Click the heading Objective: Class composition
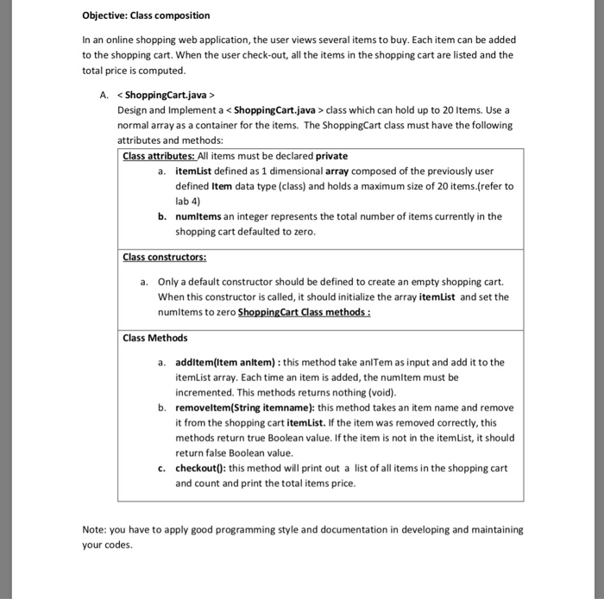(x=146, y=16)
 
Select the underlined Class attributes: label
(x=160, y=156)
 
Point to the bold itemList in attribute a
(x=193, y=172)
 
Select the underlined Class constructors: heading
(x=164, y=257)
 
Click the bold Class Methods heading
(x=155, y=338)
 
